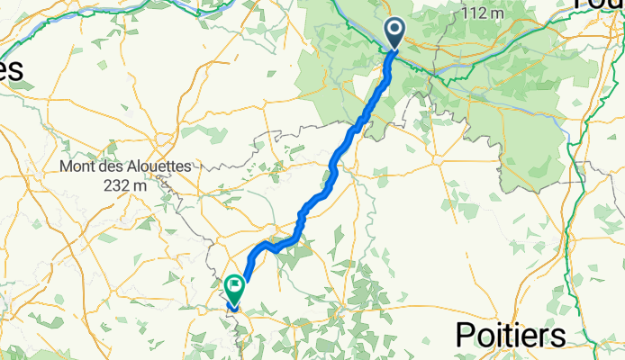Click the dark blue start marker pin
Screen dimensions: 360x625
point(395,32)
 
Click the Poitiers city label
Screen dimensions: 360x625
point(511,335)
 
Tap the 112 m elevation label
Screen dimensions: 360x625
point(481,13)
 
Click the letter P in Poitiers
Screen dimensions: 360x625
point(466,335)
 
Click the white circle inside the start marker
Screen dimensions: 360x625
point(395,30)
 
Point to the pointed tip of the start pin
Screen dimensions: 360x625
point(395,49)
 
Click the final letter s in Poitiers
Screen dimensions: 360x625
point(558,336)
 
